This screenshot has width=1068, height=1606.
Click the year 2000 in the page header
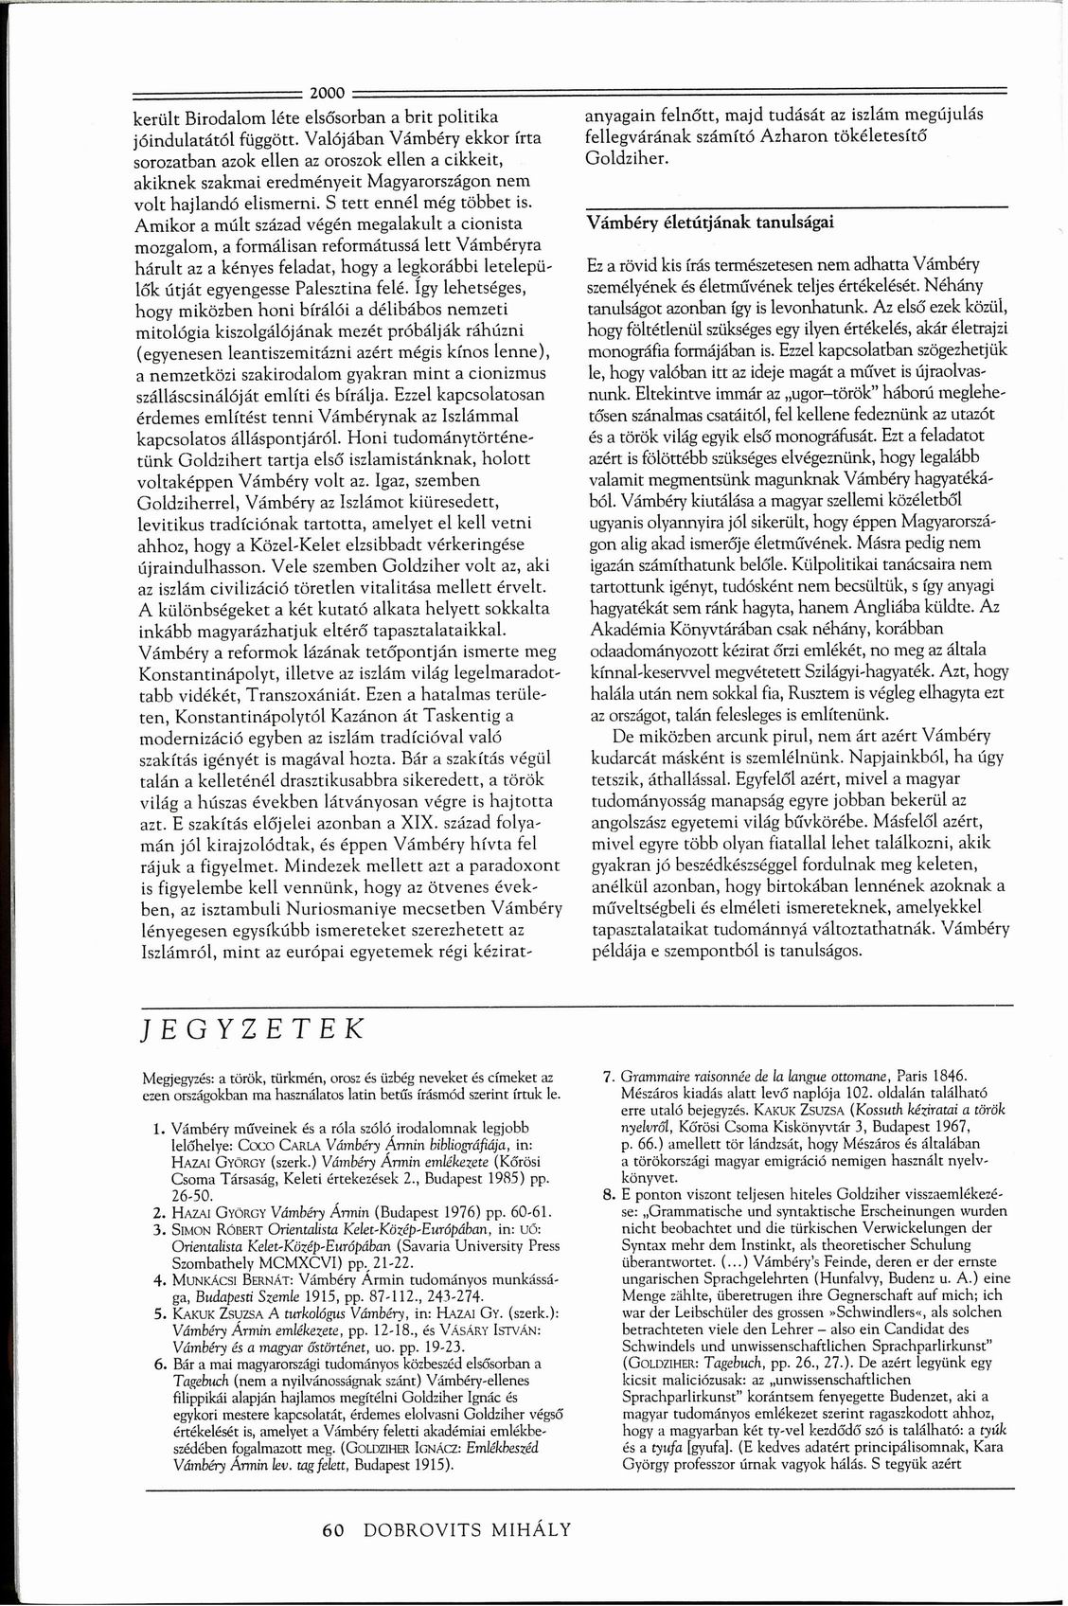[326, 93]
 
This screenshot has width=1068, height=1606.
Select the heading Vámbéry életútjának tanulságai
[711, 223]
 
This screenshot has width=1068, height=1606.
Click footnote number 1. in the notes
[158, 1128]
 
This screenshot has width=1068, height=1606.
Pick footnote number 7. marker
[610, 1077]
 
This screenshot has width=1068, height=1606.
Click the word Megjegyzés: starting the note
[173, 1078]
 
